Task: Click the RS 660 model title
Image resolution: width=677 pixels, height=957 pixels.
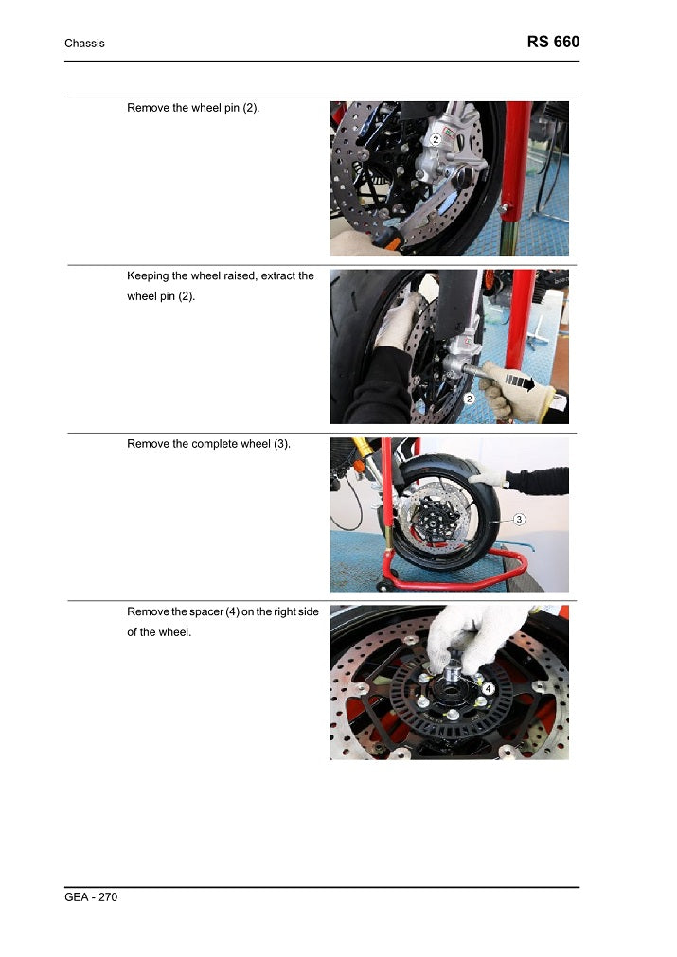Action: click(x=553, y=42)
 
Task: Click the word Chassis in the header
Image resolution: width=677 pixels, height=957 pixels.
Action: click(x=84, y=44)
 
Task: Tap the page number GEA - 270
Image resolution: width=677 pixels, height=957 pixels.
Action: click(x=91, y=896)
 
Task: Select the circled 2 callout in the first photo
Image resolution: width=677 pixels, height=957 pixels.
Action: click(x=436, y=139)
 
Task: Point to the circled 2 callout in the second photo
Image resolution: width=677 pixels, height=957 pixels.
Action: click(x=469, y=399)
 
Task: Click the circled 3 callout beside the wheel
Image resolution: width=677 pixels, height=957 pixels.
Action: click(x=519, y=520)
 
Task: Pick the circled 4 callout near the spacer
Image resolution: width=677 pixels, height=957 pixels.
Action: click(x=488, y=688)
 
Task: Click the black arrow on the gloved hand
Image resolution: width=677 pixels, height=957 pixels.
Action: click(x=520, y=382)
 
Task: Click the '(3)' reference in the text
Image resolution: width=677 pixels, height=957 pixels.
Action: click(x=281, y=444)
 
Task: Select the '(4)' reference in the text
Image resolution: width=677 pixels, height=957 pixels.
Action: click(x=233, y=612)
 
